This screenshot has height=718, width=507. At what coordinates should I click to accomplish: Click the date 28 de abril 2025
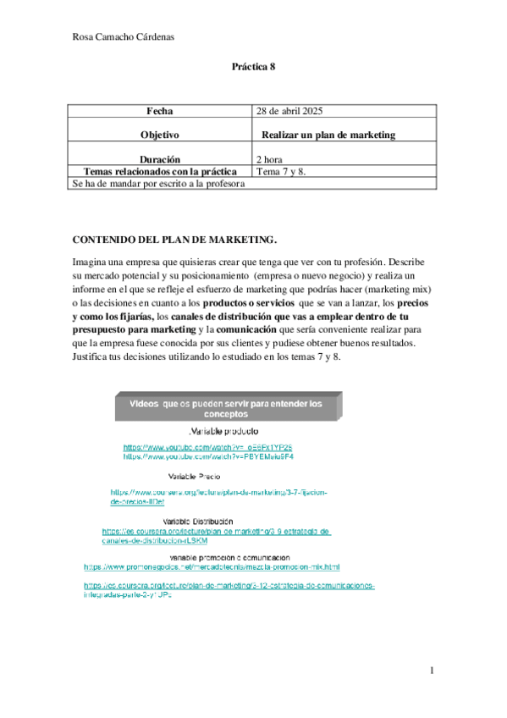(x=295, y=112)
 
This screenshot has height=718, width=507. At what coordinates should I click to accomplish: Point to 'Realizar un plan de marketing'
(x=328, y=135)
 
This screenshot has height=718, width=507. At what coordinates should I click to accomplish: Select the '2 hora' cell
(x=269, y=158)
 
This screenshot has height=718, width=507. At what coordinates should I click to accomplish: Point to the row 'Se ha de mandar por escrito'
(x=158, y=183)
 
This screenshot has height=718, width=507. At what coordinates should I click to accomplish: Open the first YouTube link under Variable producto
(x=207, y=446)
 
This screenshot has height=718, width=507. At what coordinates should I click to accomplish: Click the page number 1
(x=431, y=671)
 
